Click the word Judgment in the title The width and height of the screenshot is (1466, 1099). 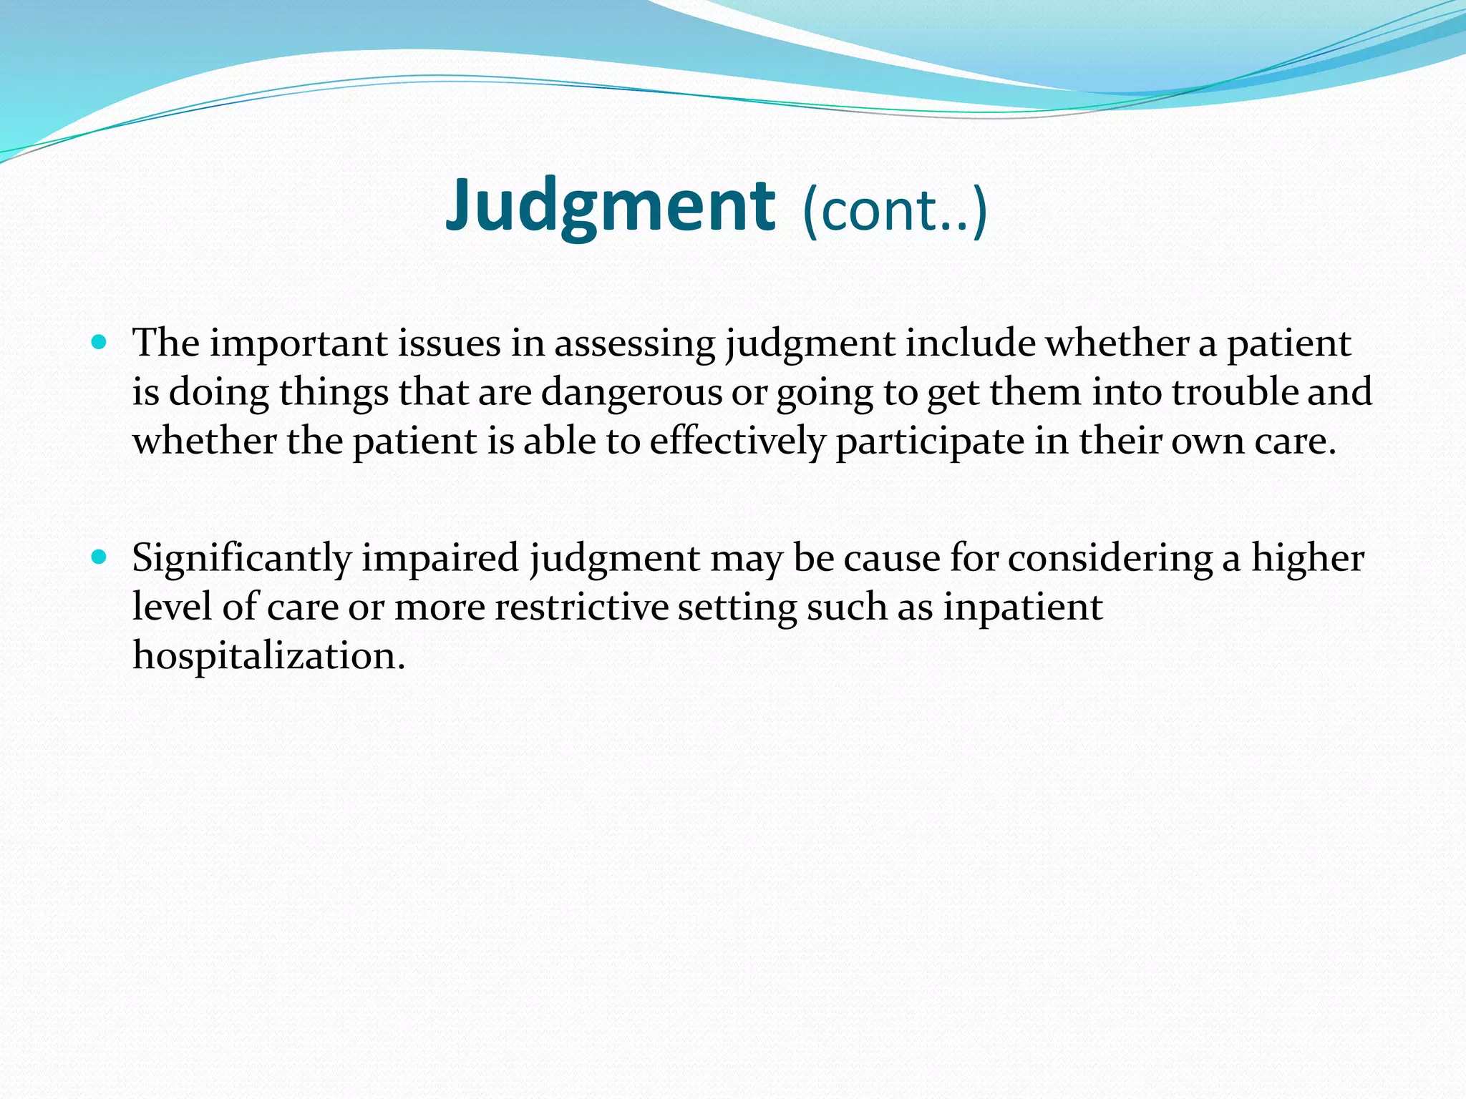(610, 207)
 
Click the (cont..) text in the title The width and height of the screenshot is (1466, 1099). (895, 210)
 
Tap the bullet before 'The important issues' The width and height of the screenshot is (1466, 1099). (99, 343)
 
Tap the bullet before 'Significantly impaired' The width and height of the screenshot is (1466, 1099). (99, 557)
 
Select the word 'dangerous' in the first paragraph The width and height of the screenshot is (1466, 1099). (631, 392)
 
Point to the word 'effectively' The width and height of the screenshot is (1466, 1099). (737, 441)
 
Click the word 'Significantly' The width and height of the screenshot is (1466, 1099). (241, 558)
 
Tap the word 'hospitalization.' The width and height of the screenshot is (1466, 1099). (268, 655)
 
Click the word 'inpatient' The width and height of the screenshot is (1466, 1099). (1022, 607)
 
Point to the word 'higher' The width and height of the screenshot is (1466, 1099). (1307, 558)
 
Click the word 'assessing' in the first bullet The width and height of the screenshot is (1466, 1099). (634, 344)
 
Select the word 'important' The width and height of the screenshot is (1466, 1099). (298, 344)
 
